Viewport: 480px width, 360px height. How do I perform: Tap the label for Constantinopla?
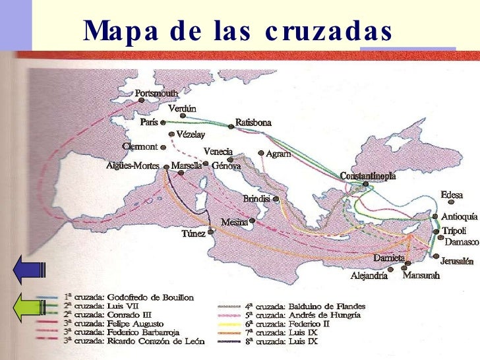click(x=368, y=176)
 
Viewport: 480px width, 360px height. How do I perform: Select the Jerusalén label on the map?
click(x=457, y=261)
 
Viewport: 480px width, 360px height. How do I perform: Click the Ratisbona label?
click(x=254, y=123)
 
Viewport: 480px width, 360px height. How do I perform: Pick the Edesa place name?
click(x=452, y=195)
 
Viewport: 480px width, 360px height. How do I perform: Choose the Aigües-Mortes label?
click(x=133, y=166)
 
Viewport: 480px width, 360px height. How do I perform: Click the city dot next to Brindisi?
click(x=276, y=198)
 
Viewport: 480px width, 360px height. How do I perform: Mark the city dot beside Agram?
click(x=261, y=153)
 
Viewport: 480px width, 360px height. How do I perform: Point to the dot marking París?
click(x=163, y=123)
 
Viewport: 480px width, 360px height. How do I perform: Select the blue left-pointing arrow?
click(x=28, y=270)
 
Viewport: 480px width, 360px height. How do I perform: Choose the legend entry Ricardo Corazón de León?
click(x=135, y=341)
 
